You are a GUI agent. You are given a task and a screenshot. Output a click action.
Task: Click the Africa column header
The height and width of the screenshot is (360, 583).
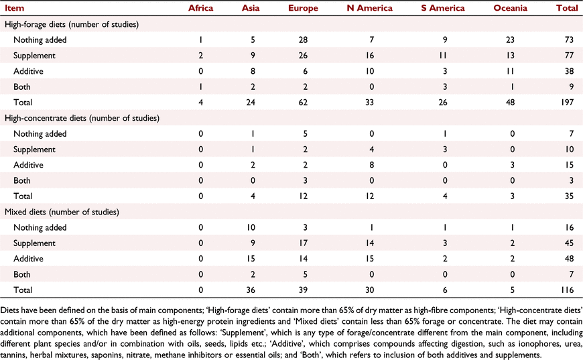pos(200,8)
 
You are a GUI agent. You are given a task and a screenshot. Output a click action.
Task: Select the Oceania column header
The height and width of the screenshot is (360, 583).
pos(510,8)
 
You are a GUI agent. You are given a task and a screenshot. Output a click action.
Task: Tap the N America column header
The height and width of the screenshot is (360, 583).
pos(369,8)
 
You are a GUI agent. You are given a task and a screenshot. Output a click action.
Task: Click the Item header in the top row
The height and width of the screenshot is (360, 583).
pos(15,8)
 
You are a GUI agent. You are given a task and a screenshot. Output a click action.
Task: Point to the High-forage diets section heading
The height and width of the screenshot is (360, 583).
pos(72,25)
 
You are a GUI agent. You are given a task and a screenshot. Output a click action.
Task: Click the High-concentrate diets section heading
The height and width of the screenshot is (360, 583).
pos(82,118)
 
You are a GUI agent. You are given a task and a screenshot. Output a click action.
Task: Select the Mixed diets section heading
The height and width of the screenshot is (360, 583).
pos(62,212)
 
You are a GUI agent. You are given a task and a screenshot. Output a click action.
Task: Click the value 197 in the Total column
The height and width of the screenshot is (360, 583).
pos(568,103)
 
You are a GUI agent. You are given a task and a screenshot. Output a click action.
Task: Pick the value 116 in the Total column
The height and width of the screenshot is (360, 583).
pos(568,290)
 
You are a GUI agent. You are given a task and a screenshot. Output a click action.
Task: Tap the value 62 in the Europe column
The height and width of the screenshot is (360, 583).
pos(303,103)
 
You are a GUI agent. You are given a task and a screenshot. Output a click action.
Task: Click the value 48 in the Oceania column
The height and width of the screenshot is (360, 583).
pos(510,103)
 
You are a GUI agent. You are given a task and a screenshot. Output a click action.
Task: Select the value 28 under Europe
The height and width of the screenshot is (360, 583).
pos(303,40)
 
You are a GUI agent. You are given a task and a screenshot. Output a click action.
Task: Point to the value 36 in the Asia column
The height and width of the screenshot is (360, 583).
pos(251,290)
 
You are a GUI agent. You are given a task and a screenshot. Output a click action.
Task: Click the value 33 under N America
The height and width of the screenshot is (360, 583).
pos(369,103)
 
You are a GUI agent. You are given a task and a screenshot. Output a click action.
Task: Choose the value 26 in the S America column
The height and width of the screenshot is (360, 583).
pos(443,103)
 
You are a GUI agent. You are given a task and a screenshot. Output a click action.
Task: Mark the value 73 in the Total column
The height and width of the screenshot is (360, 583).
pos(569,40)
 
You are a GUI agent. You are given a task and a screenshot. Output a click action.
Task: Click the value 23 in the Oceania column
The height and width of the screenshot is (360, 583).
pos(510,40)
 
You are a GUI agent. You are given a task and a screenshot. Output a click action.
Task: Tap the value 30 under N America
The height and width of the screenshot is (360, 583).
pos(369,290)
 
